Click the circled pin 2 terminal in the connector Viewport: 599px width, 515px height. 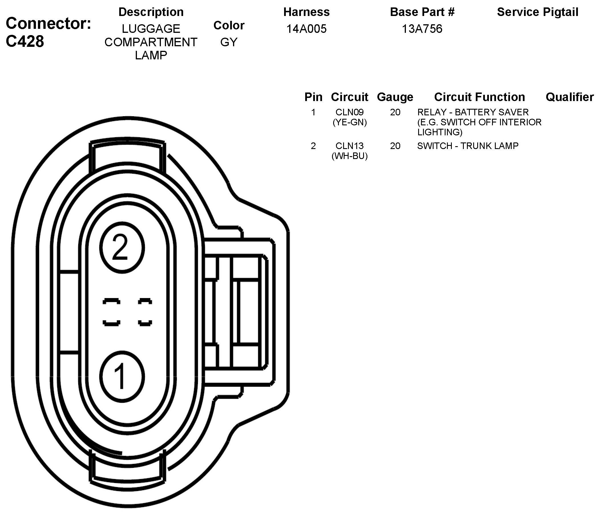point(122,248)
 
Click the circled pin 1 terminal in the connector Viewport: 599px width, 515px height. point(122,377)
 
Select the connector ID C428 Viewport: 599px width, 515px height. point(25,41)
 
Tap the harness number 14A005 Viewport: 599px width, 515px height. point(306,29)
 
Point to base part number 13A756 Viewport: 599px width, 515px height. point(422,29)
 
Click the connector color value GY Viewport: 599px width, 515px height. point(229,42)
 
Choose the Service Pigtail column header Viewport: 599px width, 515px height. point(537,12)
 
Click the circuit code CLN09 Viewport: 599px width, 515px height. point(349,112)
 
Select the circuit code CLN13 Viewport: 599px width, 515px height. point(349,146)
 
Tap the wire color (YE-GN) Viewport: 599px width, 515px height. point(349,122)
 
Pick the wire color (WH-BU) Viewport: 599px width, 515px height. point(349,156)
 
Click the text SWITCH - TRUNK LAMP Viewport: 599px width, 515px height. point(468,146)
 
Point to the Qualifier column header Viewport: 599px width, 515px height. point(570,97)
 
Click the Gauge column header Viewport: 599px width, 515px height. point(395,97)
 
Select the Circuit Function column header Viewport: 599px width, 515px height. point(479,97)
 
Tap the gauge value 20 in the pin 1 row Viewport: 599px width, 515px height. point(395,112)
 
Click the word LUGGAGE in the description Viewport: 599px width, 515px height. point(151,29)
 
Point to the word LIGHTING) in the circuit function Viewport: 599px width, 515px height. point(440,132)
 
